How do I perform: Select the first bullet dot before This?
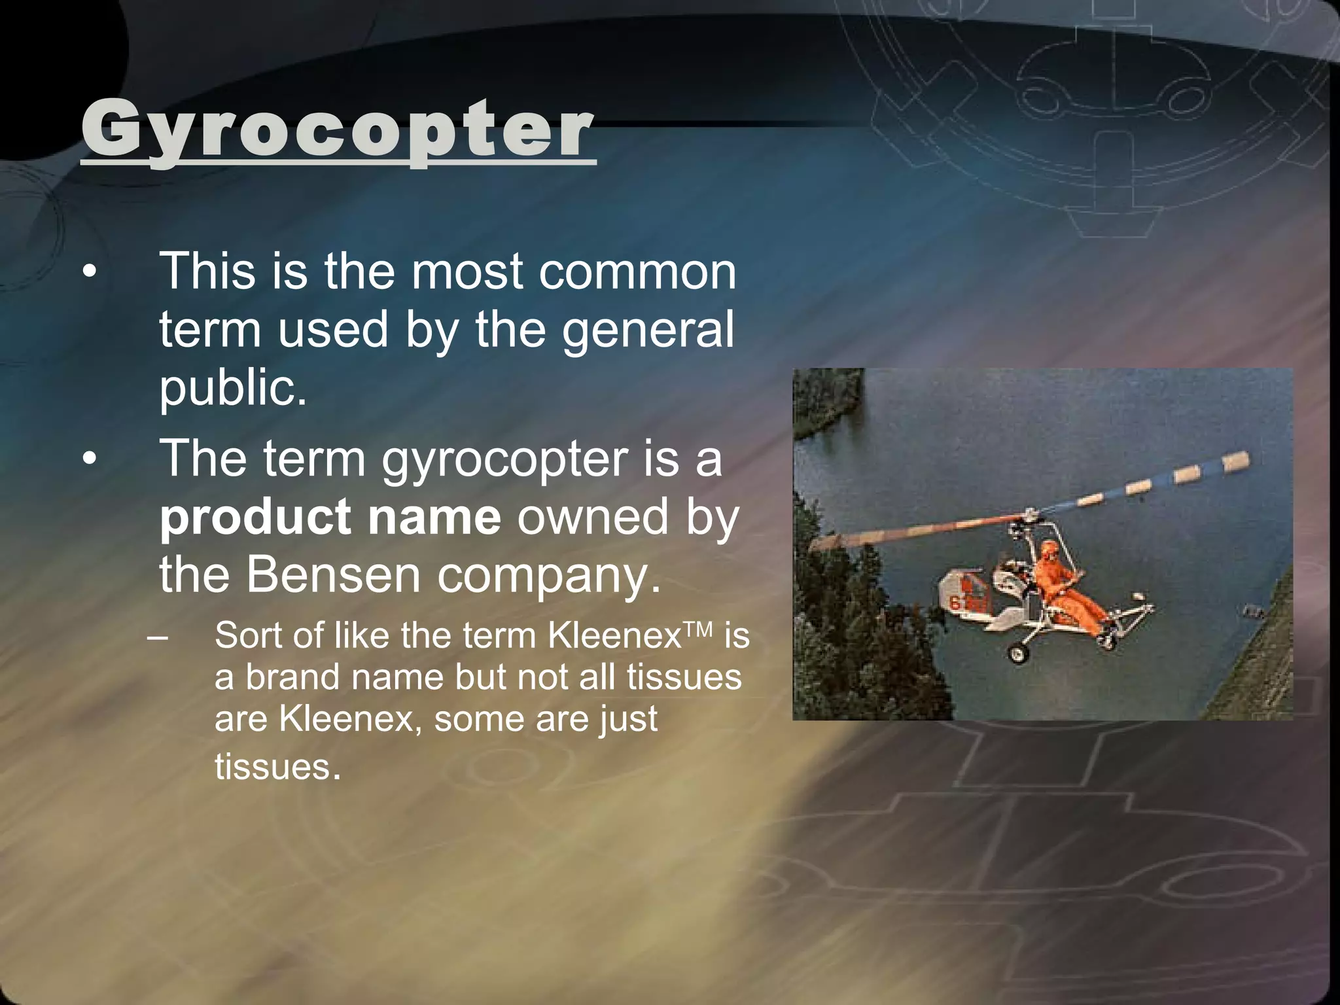coord(90,272)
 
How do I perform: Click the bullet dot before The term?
coord(90,459)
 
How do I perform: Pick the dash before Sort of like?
coord(158,636)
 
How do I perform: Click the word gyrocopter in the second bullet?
coord(504,459)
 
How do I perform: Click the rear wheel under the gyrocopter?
coord(1016,652)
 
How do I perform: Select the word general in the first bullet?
coord(648,329)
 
